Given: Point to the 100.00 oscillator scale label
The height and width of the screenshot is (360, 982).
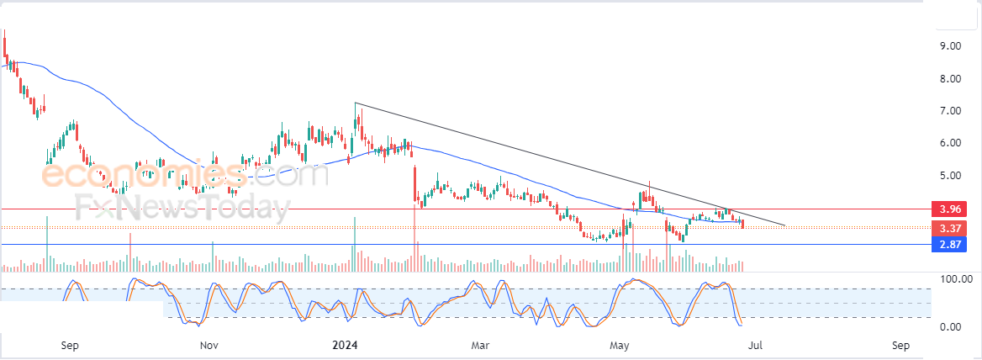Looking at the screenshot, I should click(x=956, y=279).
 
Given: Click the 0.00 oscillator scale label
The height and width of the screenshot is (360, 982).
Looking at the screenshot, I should click(x=951, y=327).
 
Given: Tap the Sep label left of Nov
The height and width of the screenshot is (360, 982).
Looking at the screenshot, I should click(x=70, y=345).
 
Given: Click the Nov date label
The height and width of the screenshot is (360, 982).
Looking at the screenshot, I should click(x=209, y=345).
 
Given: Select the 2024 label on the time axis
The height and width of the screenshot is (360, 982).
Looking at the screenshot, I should click(x=346, y=345).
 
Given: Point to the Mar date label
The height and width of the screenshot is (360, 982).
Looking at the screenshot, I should click(x=480, y=345).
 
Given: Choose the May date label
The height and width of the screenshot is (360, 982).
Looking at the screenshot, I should click(x=620, y=345).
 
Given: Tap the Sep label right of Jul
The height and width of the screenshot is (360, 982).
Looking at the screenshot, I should click(x=900, y=345).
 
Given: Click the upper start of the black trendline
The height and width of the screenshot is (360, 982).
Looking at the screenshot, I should click(x=356, y=103).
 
